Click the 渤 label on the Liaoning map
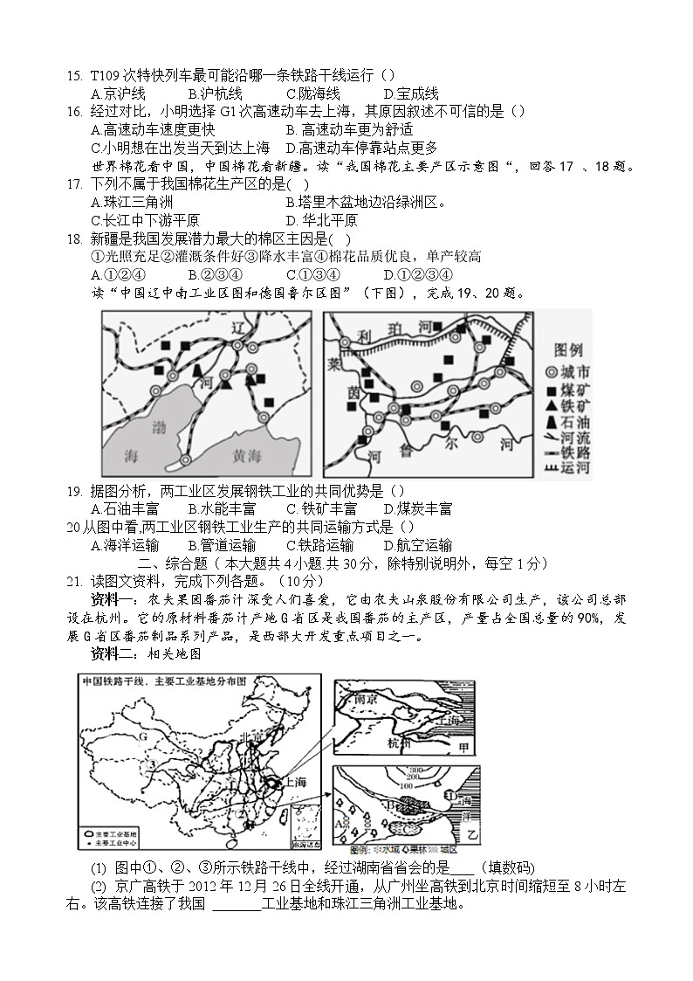[x=159, y=427]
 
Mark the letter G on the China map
[x=138, y=736]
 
